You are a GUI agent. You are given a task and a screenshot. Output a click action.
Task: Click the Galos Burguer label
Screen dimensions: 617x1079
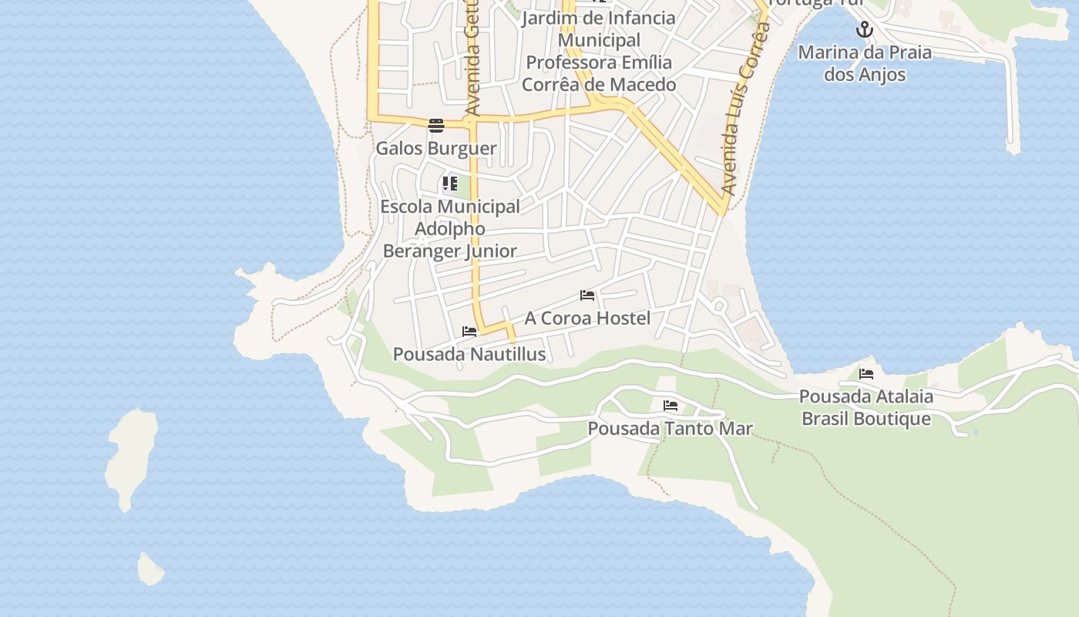pyautogui.click(x=435, y=148)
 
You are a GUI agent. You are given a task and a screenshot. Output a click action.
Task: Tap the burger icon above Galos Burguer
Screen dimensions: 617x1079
pyautogui.click(x=436, y=126)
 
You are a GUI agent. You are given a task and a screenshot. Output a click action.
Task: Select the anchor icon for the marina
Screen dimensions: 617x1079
pyautogui.click(x=865, y=30)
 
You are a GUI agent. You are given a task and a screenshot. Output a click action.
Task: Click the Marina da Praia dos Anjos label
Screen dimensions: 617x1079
pyautogui.click(x=864, y=63)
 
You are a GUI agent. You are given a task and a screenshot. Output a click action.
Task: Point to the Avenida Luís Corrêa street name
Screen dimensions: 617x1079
pyautogui.click(x=745, y=108)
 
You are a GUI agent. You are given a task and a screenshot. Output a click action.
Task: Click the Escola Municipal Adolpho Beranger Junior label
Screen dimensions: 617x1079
pyautogui.click(x=450, y=228)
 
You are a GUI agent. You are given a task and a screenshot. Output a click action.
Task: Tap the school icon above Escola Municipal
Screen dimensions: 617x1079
pyautogui.click(x=449, y=184)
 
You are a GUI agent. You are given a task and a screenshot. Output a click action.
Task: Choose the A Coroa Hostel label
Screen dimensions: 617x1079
pyautogui.click(x=587, y=318)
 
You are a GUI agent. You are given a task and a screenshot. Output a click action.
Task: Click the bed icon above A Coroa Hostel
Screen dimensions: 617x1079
pyautogui.click(x=587, y=295)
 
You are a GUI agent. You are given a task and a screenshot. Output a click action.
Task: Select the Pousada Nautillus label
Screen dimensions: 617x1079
pyautogui.click(x=469, y=354)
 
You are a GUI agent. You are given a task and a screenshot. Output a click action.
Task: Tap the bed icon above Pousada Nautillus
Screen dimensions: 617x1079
pyautogui.click(x=469, y=332)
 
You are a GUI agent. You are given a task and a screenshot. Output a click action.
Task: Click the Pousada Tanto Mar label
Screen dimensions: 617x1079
pyautogui.click(x=670, y=428)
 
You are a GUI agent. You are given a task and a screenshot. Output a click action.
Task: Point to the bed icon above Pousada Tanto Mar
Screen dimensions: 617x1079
pyautogui.click(x=671, y=406)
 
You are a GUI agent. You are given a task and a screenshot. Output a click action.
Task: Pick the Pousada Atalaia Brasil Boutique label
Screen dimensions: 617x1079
pyautogui.click(x=866, y=407)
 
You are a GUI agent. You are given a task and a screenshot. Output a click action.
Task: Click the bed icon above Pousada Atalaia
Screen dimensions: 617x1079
pyautogui.click(x=866, y=374)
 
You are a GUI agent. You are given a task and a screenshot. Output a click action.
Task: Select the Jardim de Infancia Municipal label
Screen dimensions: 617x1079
pyautogui.click(x=599, y=29)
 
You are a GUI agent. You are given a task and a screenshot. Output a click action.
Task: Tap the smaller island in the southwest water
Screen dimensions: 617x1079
pyautogui.click(x=150, y=570)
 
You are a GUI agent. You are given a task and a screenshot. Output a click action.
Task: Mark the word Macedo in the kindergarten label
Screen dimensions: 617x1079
pyautogui.click(x=640, y=84)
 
